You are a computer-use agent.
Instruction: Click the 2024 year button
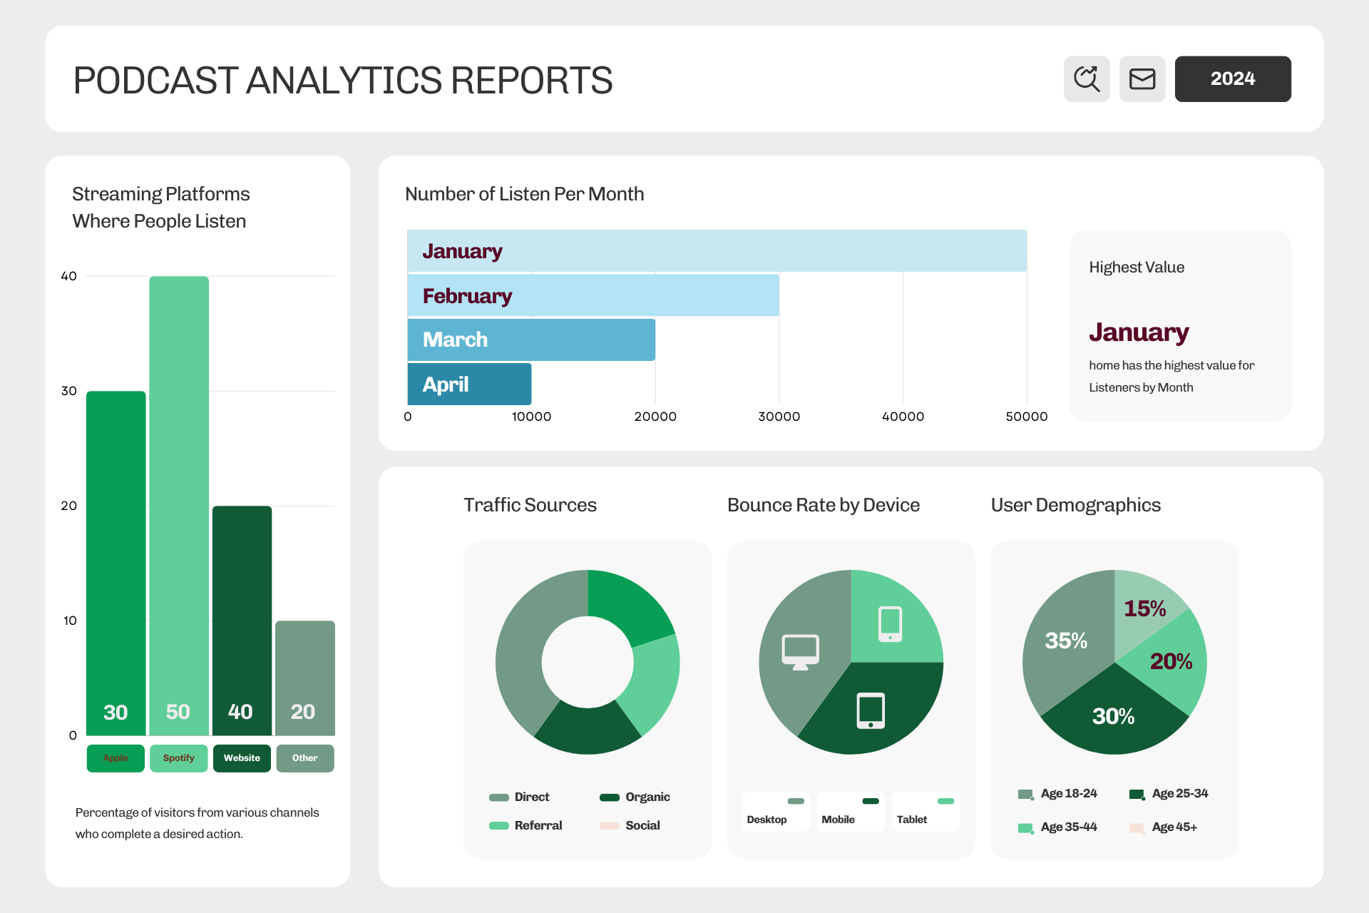click(x=1232, y=78)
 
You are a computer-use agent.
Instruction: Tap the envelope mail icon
click(x=1142, y=78)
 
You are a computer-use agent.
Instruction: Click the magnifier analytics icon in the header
click(x=1087, y=78)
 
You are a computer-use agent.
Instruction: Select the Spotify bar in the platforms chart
click(x=179, y=506)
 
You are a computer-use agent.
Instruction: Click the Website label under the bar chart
click(x=242, y=758)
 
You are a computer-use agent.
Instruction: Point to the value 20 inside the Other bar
click(x=303, y=712)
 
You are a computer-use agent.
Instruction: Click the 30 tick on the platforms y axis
click(x=69, y=391)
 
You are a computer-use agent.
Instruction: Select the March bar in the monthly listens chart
click(x=531, y=340)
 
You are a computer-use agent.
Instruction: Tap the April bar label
click(x=446, y=384)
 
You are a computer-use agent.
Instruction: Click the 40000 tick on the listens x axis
click(x=903, y=417)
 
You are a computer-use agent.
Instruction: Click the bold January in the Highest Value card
click(x=1139, y=332)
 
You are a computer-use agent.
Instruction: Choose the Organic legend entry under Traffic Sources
click(x=635, y=797)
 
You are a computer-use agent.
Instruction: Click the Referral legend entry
click(x=525, y=825)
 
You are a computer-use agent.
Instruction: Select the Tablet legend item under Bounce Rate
click(x=926, y=812)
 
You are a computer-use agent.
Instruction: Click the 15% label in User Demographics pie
click(x=1145, y=608)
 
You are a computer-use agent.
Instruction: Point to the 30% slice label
click(x=1113, y=716)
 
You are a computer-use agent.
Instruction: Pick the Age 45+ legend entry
click(x=1164, y=827)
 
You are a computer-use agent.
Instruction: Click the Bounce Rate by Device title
click(x=824, y=505)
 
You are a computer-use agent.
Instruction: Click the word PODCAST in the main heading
click(x=156, y=80)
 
